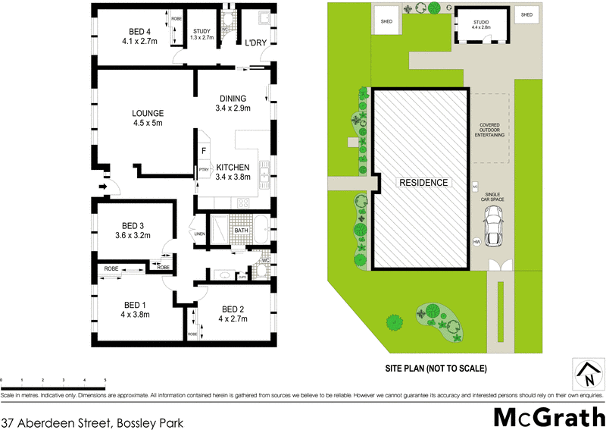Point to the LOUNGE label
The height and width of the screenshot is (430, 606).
[148, 114]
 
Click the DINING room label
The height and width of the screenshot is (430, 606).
[233, 99]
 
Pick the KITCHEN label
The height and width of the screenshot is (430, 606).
[233, 167]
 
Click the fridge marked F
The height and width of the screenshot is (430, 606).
[204, 151]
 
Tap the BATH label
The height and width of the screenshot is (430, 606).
[242, 231]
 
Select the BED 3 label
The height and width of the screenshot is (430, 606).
[133, 226]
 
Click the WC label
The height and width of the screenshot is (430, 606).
[266, 261]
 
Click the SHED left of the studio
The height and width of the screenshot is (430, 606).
[385, 21]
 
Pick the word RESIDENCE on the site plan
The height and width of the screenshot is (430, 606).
[424, 183]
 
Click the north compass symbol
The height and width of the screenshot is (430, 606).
[587, 372]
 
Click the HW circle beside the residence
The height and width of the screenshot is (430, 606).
[476, 241]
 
